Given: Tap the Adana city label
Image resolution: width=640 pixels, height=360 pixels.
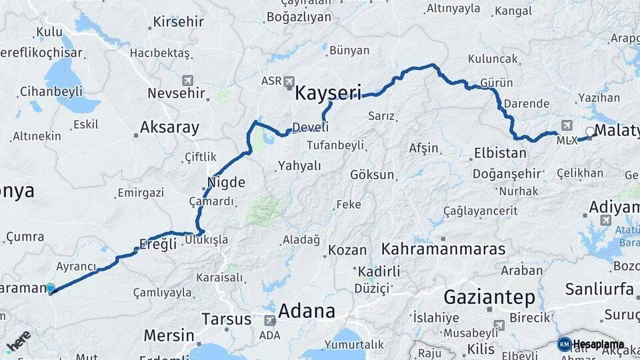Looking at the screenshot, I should point(307,311).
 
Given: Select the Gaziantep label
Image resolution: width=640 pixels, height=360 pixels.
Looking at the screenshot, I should point(490,297).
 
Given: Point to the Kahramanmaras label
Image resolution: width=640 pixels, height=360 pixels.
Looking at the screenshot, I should point(443,249).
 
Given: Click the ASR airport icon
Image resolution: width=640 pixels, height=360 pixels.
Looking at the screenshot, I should point(289,81).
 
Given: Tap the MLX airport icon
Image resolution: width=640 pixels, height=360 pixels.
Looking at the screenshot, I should point(567,125).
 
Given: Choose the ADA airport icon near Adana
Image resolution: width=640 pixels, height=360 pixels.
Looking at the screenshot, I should point(270,321).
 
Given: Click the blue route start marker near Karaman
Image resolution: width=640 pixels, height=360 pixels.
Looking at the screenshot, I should point(51,288).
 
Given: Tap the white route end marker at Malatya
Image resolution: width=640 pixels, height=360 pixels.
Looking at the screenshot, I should point(589,131).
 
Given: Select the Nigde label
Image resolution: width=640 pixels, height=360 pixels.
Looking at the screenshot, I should point(227,183).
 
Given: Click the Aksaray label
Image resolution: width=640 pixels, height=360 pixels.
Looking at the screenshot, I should point(169,127).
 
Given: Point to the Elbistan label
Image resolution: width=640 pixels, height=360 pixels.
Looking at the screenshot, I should point(500,153).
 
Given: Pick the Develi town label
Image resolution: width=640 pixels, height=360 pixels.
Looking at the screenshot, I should point(311,127).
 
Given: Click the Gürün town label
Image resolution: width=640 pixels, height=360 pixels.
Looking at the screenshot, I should point(497,83).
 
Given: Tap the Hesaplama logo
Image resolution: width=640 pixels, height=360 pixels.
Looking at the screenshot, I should point(592,344).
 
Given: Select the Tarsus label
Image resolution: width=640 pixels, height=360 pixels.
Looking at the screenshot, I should point(226,319).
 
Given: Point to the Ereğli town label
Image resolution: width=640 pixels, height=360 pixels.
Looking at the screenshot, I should point(158,245).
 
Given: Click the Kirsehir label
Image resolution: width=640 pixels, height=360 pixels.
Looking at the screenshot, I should point(178,21).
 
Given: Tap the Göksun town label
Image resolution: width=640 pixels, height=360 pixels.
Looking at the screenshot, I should point(372,175).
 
